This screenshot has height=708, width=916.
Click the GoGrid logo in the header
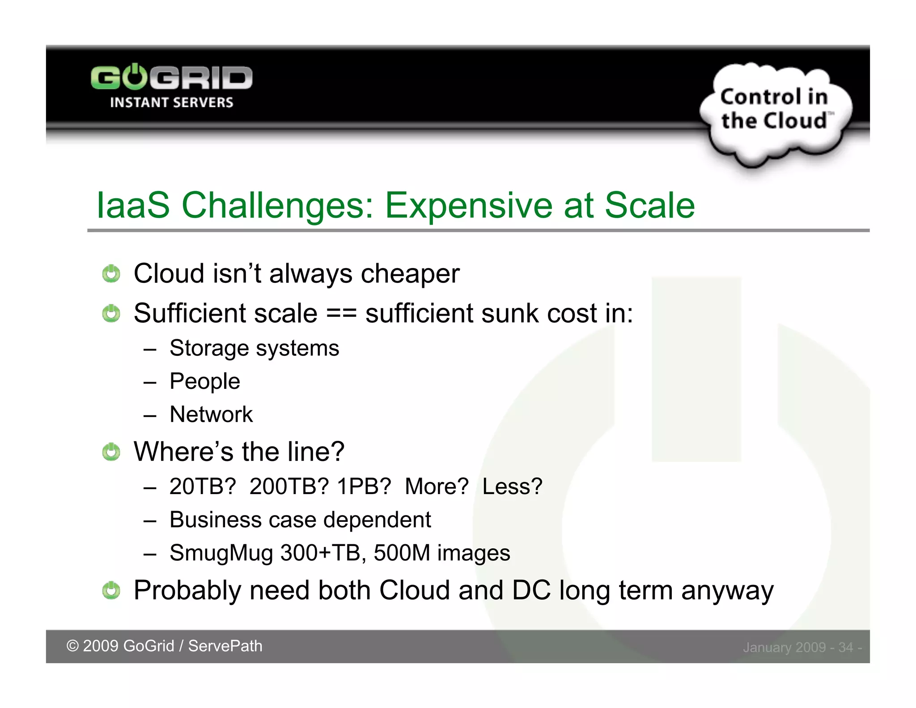pyautogui.click(x=171, y=78)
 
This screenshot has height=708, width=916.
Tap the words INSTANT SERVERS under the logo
pyautogui.click(x=171, y=102)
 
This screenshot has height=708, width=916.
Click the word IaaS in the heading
pyautogui.click(x=133, y=206)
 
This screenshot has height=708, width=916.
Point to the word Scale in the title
pyautogui.click(x=649, y=206)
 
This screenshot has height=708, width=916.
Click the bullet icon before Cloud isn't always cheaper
pyautogui.click(x=111, y=274)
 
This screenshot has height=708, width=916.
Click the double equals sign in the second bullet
pyautogui.click(x=341, y=313)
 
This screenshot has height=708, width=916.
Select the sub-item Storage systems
pyautogui.click(x=254, y=348)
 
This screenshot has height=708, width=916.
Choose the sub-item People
pyautogui.click(x=205, y=381)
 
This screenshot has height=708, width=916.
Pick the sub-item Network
pyautogui.click(x=211, y=414)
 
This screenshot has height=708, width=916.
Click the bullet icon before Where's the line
pyautogui.click(x=111, y=452)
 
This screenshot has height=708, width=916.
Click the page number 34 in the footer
pyautogui.click(x=845, y=648)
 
